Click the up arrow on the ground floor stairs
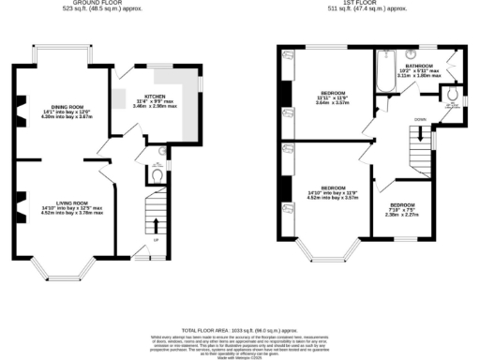pos(156,224)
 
